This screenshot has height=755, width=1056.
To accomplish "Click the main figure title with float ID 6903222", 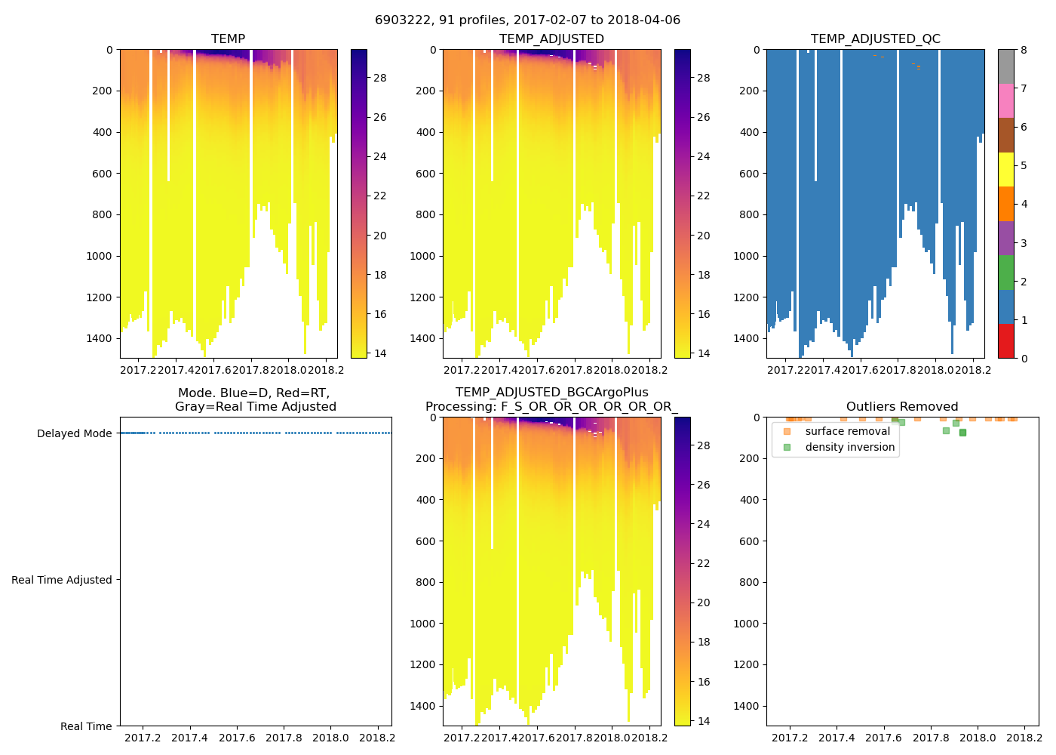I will [x=527, y=20].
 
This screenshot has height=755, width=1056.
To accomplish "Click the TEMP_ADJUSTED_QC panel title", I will [x=875, y=39].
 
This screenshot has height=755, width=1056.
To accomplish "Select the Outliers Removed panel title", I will [x=902, y=407].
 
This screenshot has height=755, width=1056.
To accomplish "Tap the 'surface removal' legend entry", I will [x=847, y=431].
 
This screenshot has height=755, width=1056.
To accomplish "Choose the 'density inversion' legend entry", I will [x=849, y=447].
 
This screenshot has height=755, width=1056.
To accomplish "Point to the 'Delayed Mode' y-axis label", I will [x=74, y=433].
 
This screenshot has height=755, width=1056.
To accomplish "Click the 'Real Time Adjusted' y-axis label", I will [x=62, y=580].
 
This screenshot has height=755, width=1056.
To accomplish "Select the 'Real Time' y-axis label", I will [x=86, y=726].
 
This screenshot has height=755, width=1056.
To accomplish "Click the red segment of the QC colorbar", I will [x=1005, y=341].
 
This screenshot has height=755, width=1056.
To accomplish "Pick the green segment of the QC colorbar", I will [x=1005, y=272].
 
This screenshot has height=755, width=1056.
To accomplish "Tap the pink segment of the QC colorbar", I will [x=1005, y=101].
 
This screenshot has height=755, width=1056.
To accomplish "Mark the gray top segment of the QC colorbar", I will [x=1005, y=66].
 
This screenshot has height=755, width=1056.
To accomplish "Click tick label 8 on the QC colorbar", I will [x=1024, y=50].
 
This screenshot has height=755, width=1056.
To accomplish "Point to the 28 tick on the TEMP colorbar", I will [x=379, y=78].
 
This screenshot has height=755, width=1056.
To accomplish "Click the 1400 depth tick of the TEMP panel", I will [x=99, y=338].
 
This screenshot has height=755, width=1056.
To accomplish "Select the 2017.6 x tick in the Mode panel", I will [x=237, y=738].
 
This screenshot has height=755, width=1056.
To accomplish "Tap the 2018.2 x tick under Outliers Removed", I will [x=1024, y=738].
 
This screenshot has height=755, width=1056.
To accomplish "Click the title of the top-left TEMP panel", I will [x=228, y=39].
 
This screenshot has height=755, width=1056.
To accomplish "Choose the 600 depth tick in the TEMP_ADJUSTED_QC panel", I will [x=746, y=174].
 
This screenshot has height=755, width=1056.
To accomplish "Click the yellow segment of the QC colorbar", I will [x=1005, y=169].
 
